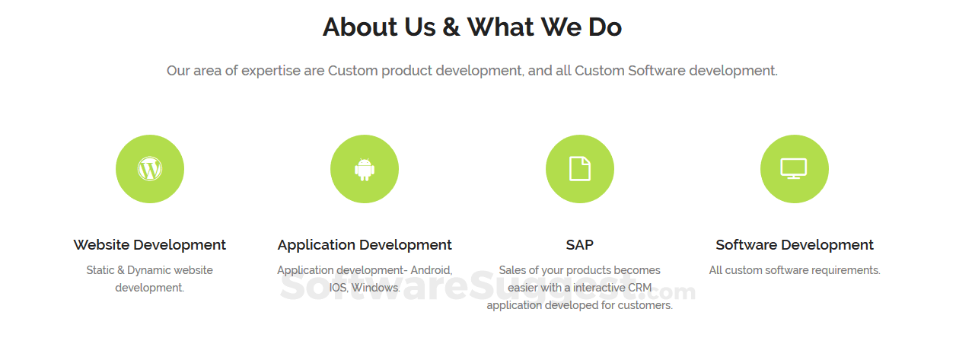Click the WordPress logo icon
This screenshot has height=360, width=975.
coord(150,169)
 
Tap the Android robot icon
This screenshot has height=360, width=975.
coord(365,169)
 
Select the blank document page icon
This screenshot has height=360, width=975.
coord(580,168)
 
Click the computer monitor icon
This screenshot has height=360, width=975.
coord(794,168)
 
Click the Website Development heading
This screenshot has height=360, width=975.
coord(150,245)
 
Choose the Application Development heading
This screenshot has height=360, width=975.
coord(365,245)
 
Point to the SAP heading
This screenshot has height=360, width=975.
coord(580,245)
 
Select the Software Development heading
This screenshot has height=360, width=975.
coord(795,245)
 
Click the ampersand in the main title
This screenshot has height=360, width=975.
coord(451,27)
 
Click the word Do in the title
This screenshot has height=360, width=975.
coord(605,27)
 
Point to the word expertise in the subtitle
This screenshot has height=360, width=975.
coord(271,71)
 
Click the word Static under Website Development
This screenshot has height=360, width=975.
coord(100,270)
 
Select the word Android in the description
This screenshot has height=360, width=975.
coord(431,270)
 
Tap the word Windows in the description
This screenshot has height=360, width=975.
coord(375,288)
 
